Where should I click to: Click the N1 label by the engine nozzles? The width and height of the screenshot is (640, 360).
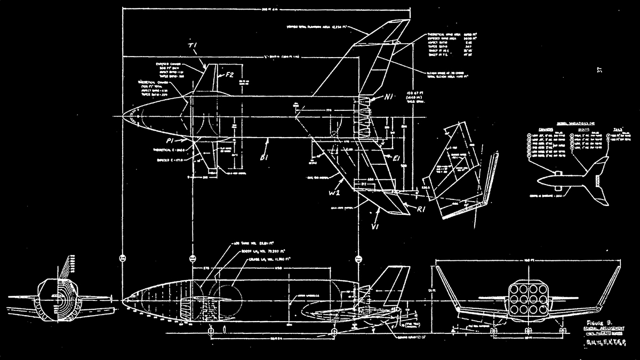coord(389,98)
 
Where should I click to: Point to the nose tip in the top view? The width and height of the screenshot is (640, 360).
coord(123,117)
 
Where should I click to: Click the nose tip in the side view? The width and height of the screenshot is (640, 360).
coord(123,301)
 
